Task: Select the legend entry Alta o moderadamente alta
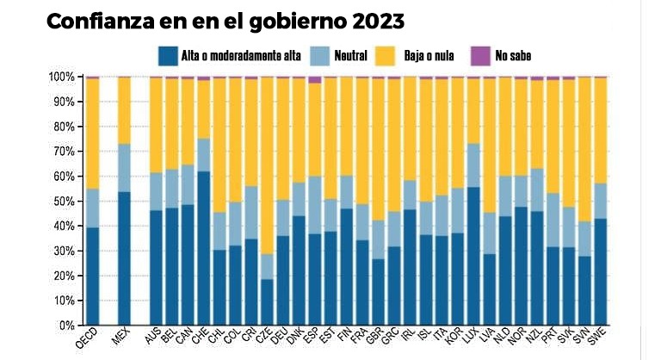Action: pyautogui.click(x=240, y=56)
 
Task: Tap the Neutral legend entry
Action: pyautogui.click(x=351, y=56)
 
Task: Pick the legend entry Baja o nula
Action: pyautogui.click(x=431, y=56)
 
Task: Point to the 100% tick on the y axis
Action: pyautogui.click(x=61, y=77)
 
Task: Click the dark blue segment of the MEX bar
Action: pyautogui.click(x=124, y=258)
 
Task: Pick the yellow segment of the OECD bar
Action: pyautogui.click(x=92, y=133)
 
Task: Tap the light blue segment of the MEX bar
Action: pyautogui.click(x=124, y=168)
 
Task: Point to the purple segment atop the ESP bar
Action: pyautogui.click(x=315, y=79)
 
